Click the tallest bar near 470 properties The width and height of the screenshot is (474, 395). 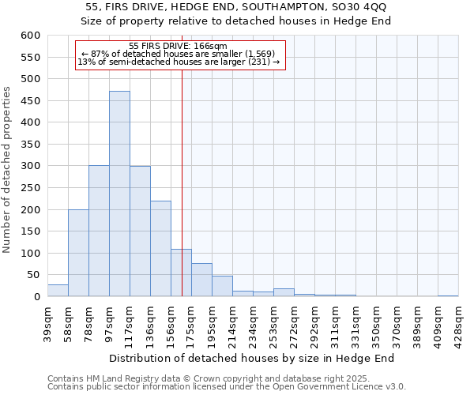click(x=119, y=194)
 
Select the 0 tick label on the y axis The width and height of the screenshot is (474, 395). click(x=36, y=297)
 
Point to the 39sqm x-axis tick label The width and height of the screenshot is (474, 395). click(x=47, y=323)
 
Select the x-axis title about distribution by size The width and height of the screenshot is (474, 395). click(x=251, y=358)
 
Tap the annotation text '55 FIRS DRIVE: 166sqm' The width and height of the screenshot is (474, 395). click(x=178, y=47)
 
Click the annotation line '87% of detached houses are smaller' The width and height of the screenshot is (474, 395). click(x=178, y=54)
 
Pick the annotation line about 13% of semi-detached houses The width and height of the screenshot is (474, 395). click(x=178, y=62)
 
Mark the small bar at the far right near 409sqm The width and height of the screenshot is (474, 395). click(x=448, y=295)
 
